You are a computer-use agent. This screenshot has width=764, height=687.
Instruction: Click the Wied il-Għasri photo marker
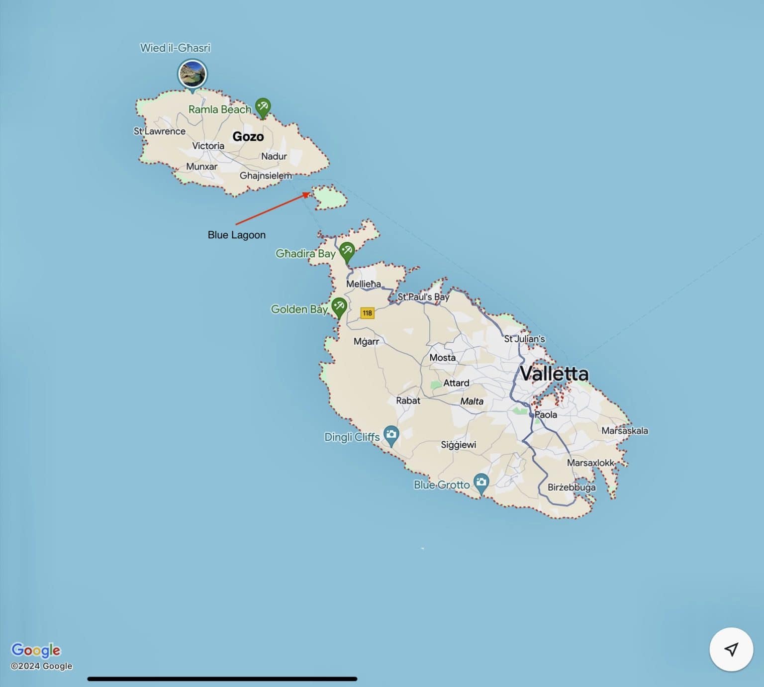[192, 74]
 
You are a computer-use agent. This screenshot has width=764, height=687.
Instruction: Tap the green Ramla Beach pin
[263, 107]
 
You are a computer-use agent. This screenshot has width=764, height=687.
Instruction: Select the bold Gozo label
[248, 136]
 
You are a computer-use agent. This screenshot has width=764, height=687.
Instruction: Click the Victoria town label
[208, 146]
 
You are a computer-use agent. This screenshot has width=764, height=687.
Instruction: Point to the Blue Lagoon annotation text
[236, 235]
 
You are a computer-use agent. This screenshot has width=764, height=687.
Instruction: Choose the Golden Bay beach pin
[339, 306]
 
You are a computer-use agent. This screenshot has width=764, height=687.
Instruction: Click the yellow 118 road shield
[367, 313]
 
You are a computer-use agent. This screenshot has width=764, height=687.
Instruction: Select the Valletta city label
[554, 374]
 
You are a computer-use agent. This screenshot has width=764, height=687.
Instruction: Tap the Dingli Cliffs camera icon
[391, 434]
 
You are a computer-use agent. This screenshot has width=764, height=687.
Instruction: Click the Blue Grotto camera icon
[481, 482]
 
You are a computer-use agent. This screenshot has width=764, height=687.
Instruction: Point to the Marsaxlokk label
[590, 463]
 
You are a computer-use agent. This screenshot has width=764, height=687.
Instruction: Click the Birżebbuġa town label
[572, 488]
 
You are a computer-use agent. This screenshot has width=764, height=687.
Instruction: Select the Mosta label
[442, 358]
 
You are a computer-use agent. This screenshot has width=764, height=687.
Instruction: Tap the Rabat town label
[408, 400]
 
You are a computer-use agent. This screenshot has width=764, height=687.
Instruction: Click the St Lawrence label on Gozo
[160, 131]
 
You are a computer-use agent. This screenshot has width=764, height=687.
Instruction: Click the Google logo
[36, 650]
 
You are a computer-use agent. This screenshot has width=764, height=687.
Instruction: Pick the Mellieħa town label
[364, 284]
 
